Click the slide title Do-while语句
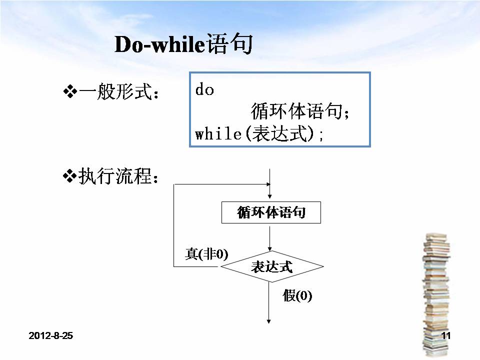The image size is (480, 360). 183,45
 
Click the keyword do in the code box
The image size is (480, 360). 204,90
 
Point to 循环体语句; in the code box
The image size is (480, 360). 299,111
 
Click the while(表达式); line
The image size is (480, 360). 259,134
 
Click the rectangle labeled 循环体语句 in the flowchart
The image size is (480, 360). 270,213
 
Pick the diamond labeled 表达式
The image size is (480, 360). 270,267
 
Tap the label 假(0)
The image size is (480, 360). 297,296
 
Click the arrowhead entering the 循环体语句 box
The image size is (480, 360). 270,198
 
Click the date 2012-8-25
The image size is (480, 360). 51,335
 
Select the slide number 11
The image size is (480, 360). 446,335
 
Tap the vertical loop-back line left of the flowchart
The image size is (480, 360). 173,225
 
